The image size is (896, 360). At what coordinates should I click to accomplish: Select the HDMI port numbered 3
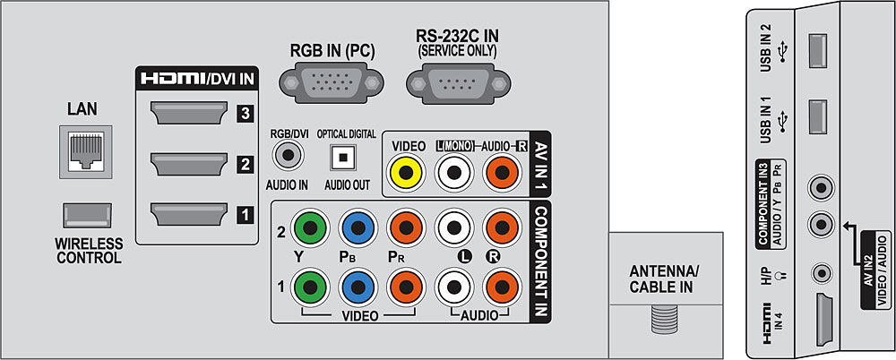pos(190,115)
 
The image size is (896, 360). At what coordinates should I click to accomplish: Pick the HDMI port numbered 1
pos(190,215)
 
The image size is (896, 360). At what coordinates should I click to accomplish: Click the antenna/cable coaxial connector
pos(663,317)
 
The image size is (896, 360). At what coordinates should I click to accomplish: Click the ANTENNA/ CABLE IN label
pos(662,279)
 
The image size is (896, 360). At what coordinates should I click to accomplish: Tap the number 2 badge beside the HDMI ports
pos(243,165)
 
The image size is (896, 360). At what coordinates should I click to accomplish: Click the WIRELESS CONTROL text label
pos(87,252)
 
